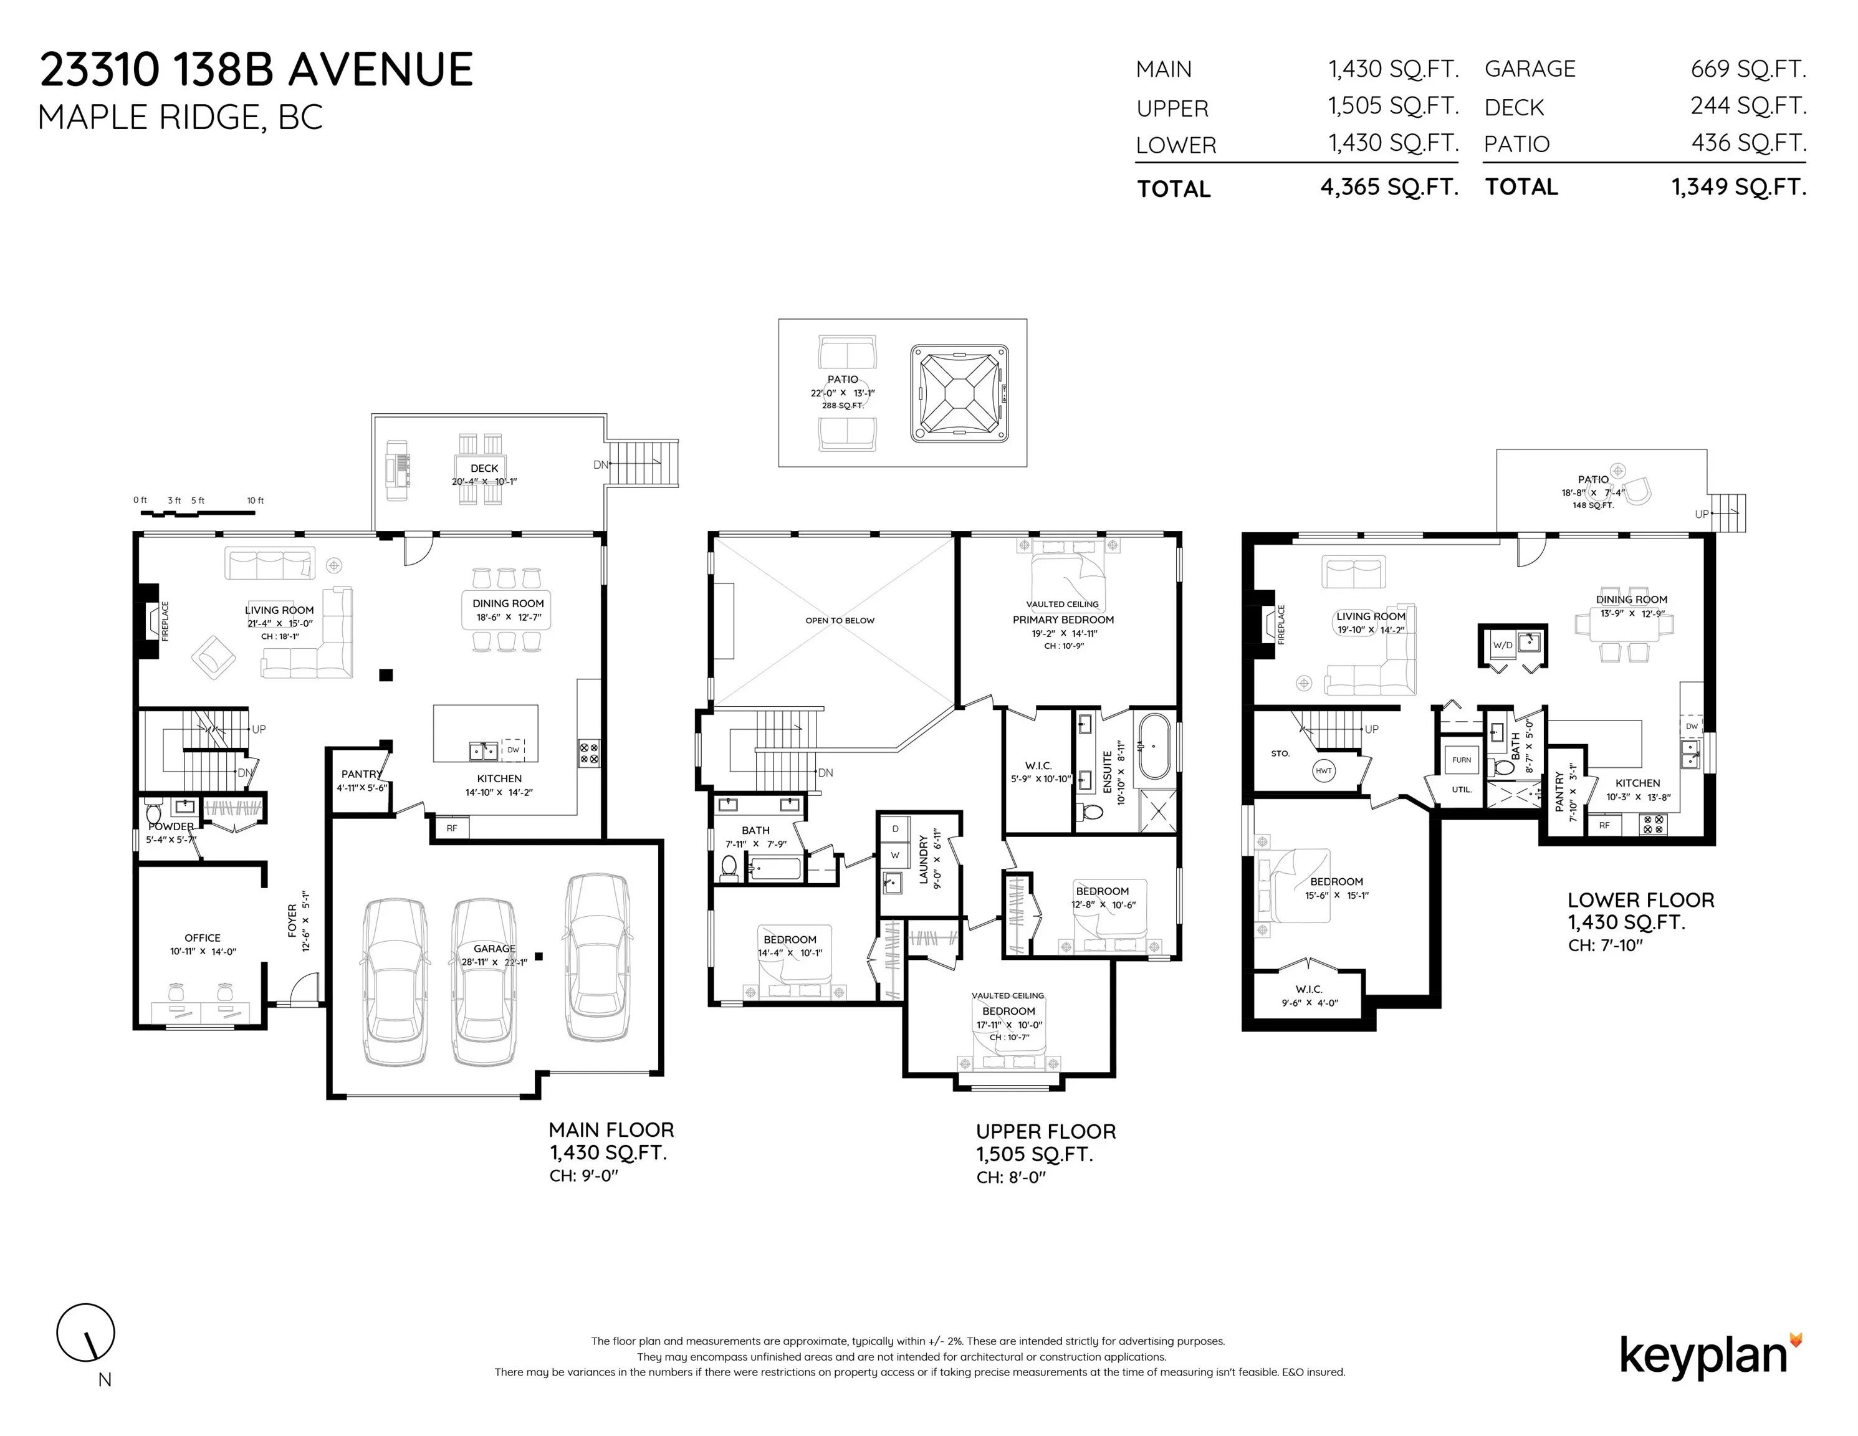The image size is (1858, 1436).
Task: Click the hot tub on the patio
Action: pos(960,393)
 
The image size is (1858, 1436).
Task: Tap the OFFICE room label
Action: pos(203,939)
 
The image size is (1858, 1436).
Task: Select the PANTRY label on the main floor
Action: pos(362,774)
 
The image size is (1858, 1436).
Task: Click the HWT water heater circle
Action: pos(1324,771)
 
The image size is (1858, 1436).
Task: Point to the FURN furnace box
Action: pos(1462,760)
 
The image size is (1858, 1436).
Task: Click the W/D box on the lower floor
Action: pos(1503,645)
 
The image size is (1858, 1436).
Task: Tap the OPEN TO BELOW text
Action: pos(840,620)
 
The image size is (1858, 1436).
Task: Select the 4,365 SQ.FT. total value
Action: pos(1389,187)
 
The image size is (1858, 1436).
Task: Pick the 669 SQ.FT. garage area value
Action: pos(1748,69)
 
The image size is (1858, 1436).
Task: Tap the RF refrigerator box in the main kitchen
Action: pos(452,828)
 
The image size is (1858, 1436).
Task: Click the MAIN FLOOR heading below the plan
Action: pos(611,1130)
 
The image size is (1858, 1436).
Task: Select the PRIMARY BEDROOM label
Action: pos(1063,620)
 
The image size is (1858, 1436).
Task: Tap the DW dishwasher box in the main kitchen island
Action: pos(513,750)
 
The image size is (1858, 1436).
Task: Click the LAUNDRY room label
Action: pos(923,859)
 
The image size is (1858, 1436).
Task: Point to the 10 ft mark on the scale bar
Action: pos(255,500)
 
